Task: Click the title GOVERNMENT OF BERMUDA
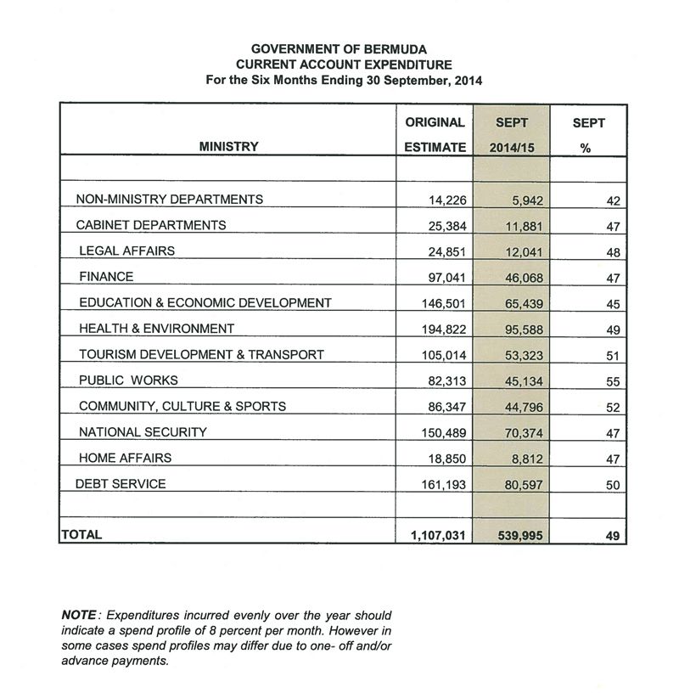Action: tap(339, 50)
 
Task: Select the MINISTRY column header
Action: tap(228, 147)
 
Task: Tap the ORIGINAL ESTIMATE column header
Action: tap(435, 134)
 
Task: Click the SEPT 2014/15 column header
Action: tap(512, 134)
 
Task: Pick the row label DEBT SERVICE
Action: tap(121, 484)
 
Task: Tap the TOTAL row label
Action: tap(81, 535)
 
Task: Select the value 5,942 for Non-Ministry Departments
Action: tap(526, 201)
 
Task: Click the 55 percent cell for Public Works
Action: tap(613, 382)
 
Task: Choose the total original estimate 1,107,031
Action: tap(437, 536)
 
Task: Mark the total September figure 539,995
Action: tap(518, 536)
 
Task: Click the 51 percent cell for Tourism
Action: tap(613, 356)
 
